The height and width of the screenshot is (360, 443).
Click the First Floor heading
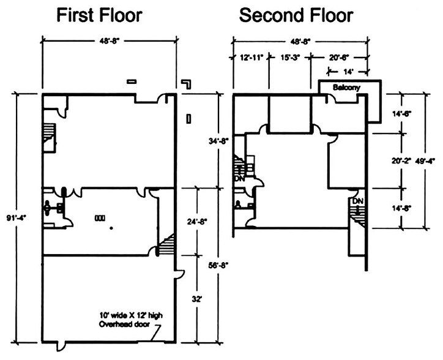(x=100, y=15)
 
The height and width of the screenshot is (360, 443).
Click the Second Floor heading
(x=296, y=15)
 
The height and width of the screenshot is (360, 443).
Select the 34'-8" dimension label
(x=218, y=141)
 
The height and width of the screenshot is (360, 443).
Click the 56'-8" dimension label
(x=218, y=265)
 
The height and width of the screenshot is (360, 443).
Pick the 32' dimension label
(x=196, y=299)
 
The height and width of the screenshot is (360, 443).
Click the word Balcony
(x=346, y=88)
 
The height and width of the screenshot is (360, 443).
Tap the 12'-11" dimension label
(x=251, y=58)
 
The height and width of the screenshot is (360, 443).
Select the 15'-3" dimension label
(x=290, y=58)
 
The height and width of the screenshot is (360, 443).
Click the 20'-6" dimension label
(x=339, y=58)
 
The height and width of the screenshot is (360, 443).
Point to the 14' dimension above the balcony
(x=348, y=72)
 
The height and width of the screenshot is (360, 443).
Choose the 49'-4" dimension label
(x=425, y=161)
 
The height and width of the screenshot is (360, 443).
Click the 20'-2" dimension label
(x=401, y=161)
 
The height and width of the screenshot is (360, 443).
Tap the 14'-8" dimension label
(x=401, y=208)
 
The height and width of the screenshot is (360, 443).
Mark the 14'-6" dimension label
(x=401, y=114)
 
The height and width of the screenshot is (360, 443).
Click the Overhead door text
(x=124, y=324)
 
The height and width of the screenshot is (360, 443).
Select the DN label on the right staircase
(x=358, y=201)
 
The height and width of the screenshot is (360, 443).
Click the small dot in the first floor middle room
(x=111, y=228)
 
